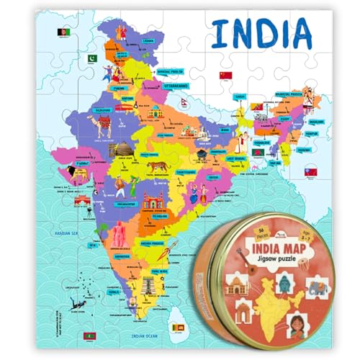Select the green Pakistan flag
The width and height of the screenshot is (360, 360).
pos(91,58)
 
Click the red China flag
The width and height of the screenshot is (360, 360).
pos(224,74)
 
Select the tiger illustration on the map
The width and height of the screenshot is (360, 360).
pos(158,166)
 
